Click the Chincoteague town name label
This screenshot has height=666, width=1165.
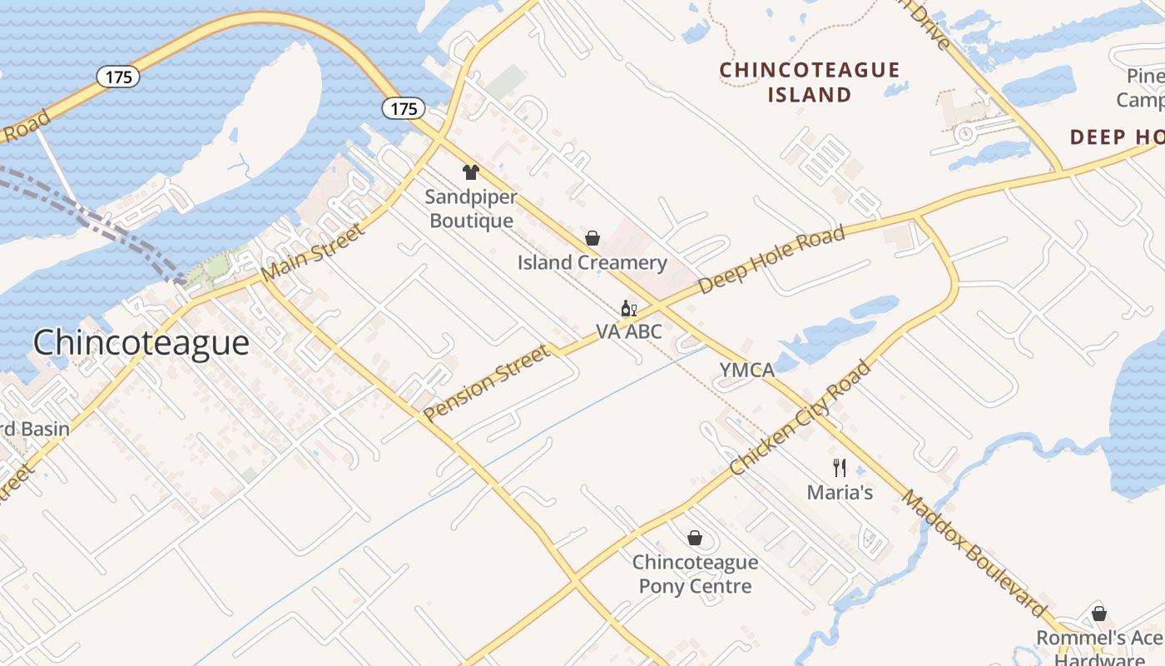141,343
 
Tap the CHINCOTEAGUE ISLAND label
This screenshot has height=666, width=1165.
810,82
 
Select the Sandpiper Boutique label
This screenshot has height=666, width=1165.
471,209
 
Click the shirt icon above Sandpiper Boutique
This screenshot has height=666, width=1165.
471,172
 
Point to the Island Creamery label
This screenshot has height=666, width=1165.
592,263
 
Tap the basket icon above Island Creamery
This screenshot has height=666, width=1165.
592,239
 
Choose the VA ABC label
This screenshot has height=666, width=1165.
629,331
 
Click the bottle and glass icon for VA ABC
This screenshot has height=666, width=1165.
629,309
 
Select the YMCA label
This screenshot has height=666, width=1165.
747,370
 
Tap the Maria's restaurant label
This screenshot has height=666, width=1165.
840,492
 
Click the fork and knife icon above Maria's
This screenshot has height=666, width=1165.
840,468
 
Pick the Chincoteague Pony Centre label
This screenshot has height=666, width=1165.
695,574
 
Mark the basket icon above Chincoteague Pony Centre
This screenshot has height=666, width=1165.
695,539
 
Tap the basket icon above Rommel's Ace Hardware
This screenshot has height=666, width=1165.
1099,614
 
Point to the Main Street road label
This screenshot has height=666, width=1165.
312,252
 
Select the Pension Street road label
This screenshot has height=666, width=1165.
487,384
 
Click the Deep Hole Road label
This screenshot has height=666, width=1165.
772,259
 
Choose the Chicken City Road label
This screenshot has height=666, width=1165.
801,419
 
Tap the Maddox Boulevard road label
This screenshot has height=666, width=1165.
974,554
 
